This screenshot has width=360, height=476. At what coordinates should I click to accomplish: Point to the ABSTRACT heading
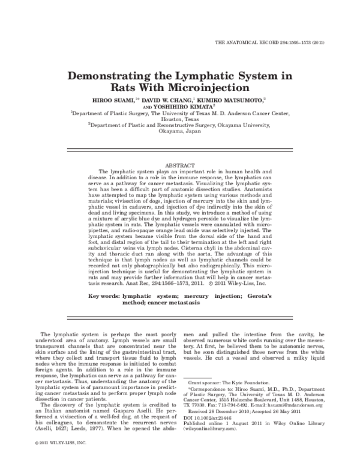pos(179,164)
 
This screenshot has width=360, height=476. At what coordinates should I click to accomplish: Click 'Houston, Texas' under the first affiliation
pos(179,120)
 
